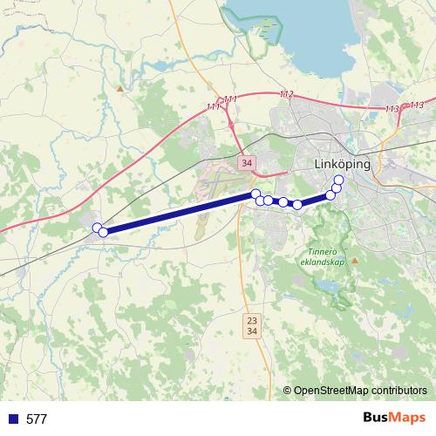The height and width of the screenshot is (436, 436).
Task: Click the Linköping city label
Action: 342,164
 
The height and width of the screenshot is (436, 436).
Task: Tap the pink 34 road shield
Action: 248,162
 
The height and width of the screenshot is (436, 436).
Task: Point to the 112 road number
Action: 287,94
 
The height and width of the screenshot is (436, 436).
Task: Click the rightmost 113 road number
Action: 417,106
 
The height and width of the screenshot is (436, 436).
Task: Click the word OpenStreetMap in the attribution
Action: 332,390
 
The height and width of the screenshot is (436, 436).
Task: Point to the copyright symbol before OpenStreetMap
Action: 288,390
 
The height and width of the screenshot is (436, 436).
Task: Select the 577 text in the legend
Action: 36,419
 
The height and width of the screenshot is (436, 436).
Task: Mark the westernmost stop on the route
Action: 97,228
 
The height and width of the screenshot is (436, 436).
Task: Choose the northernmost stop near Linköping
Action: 338,181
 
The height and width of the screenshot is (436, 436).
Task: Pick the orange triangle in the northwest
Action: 119,88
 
